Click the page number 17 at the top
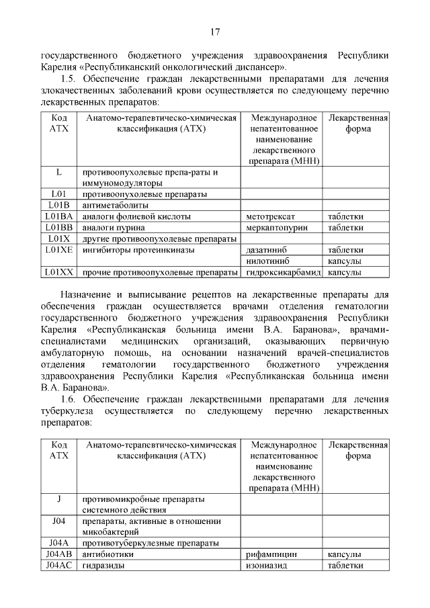(x=215, y=32)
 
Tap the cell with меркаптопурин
(x=276, y=228)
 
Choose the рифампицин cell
(x=272, y=554)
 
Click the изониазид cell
(x=267, y=566)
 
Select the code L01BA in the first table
(x=59, y=217)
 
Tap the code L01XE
(x=59, y=250)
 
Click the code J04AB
(x=59, y=554)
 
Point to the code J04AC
(x=59, y=566)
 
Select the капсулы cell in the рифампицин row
(x=344, y=554)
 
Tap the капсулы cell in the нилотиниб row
(x=344, y=261)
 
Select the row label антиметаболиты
(x=115, y=206)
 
